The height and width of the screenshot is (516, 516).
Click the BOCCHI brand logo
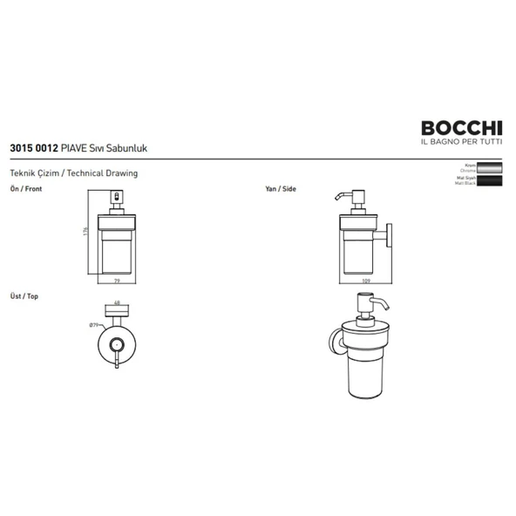point(455,127)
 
